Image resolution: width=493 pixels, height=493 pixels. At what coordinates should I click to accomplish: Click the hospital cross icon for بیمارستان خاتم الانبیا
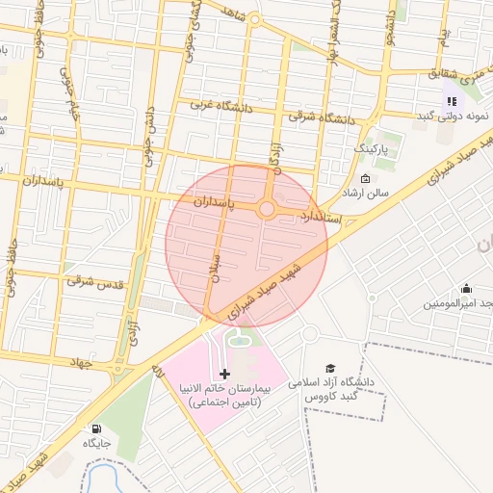(225, 374)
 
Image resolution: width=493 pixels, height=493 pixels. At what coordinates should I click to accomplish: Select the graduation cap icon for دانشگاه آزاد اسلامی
(330, 368)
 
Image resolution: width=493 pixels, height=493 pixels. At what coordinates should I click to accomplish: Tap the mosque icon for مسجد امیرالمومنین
(467, 288)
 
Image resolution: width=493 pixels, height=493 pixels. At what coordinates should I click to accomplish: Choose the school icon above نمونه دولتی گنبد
(451, 101)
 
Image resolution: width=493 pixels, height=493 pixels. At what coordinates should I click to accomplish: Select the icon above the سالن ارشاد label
(364, 179)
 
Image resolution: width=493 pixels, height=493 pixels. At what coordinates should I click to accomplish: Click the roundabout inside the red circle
(266, 209)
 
